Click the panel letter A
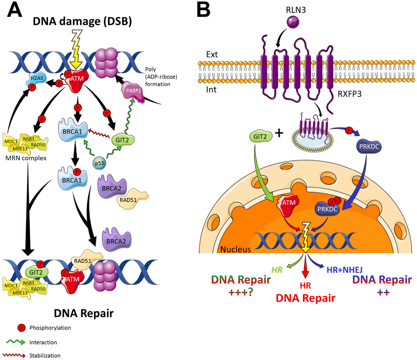15,10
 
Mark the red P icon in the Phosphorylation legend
22,327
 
